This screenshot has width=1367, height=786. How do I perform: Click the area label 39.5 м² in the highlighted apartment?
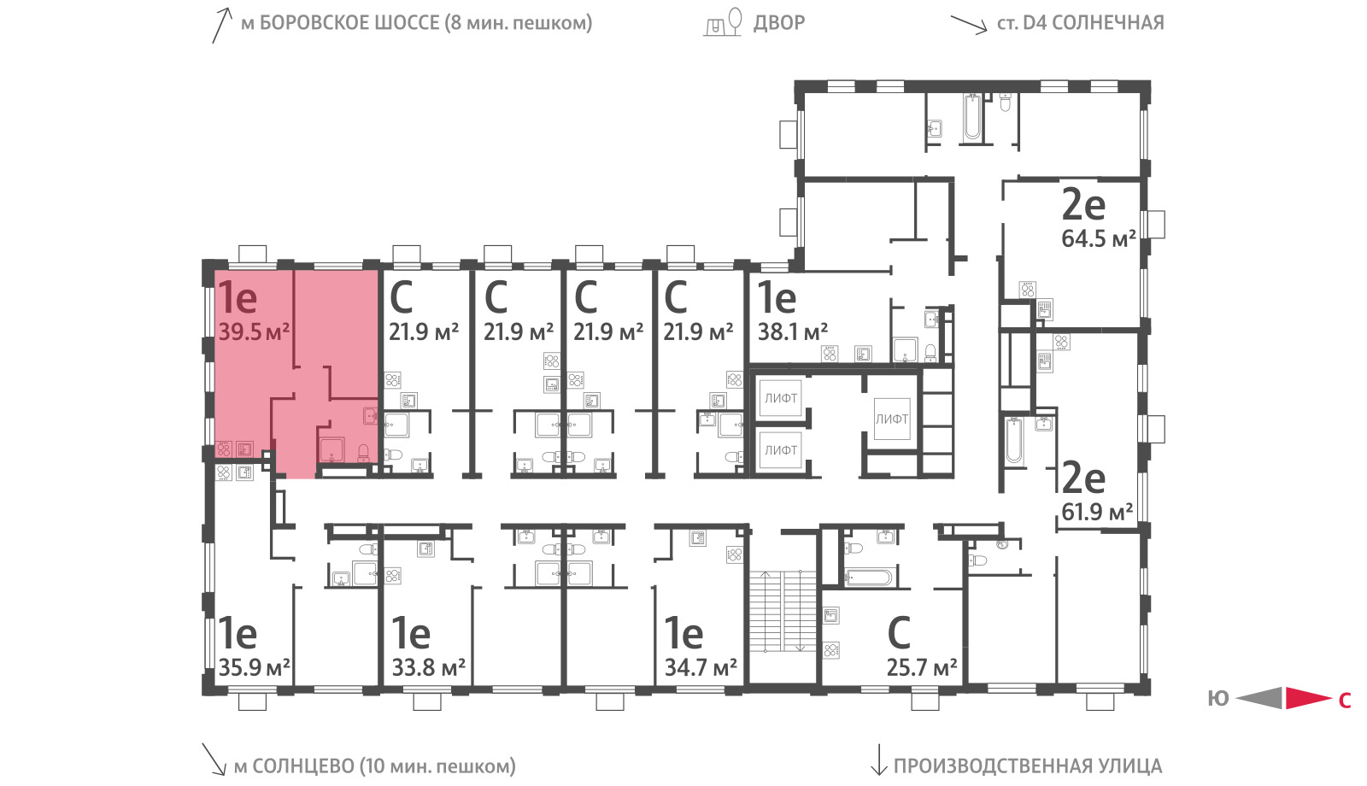253,332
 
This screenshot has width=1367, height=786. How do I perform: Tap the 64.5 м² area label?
1099,238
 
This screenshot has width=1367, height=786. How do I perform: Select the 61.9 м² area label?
1097,512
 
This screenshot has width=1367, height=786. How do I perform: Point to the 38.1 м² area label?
793,332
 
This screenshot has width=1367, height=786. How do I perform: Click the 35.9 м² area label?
254,667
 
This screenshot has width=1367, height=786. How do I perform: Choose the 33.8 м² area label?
428,667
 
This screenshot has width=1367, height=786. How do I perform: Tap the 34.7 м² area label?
701,667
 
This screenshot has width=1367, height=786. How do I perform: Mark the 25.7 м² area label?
922,667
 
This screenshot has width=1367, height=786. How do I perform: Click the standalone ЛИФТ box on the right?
892,419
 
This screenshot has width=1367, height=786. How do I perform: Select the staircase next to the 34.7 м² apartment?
783,610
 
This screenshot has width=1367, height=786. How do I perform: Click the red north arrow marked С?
1308,698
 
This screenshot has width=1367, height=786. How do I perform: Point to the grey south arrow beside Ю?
1259,698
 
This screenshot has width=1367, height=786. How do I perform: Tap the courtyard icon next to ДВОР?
723,22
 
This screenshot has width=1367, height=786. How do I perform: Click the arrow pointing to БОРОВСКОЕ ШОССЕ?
222,25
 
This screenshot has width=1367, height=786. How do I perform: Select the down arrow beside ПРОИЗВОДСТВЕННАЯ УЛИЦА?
878,760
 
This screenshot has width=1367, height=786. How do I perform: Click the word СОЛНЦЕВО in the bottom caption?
302,765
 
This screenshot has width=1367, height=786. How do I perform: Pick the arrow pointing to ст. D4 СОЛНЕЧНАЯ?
969,25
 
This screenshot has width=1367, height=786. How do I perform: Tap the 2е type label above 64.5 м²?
1083,204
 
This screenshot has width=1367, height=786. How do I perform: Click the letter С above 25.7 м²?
899,633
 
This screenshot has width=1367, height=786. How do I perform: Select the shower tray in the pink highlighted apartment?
332,449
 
